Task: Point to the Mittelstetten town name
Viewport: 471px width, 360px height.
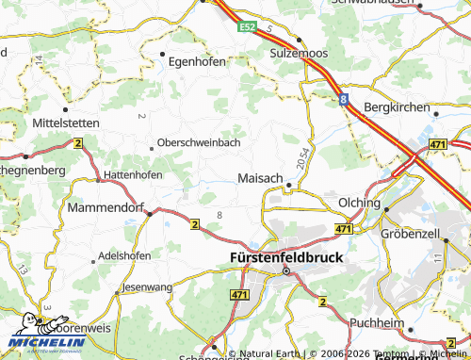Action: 66,123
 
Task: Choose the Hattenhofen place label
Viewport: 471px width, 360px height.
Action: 132,174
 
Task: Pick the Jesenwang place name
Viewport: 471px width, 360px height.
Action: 147,286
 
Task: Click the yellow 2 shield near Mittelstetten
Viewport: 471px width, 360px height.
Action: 77,143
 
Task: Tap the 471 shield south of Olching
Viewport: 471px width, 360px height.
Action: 343,229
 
